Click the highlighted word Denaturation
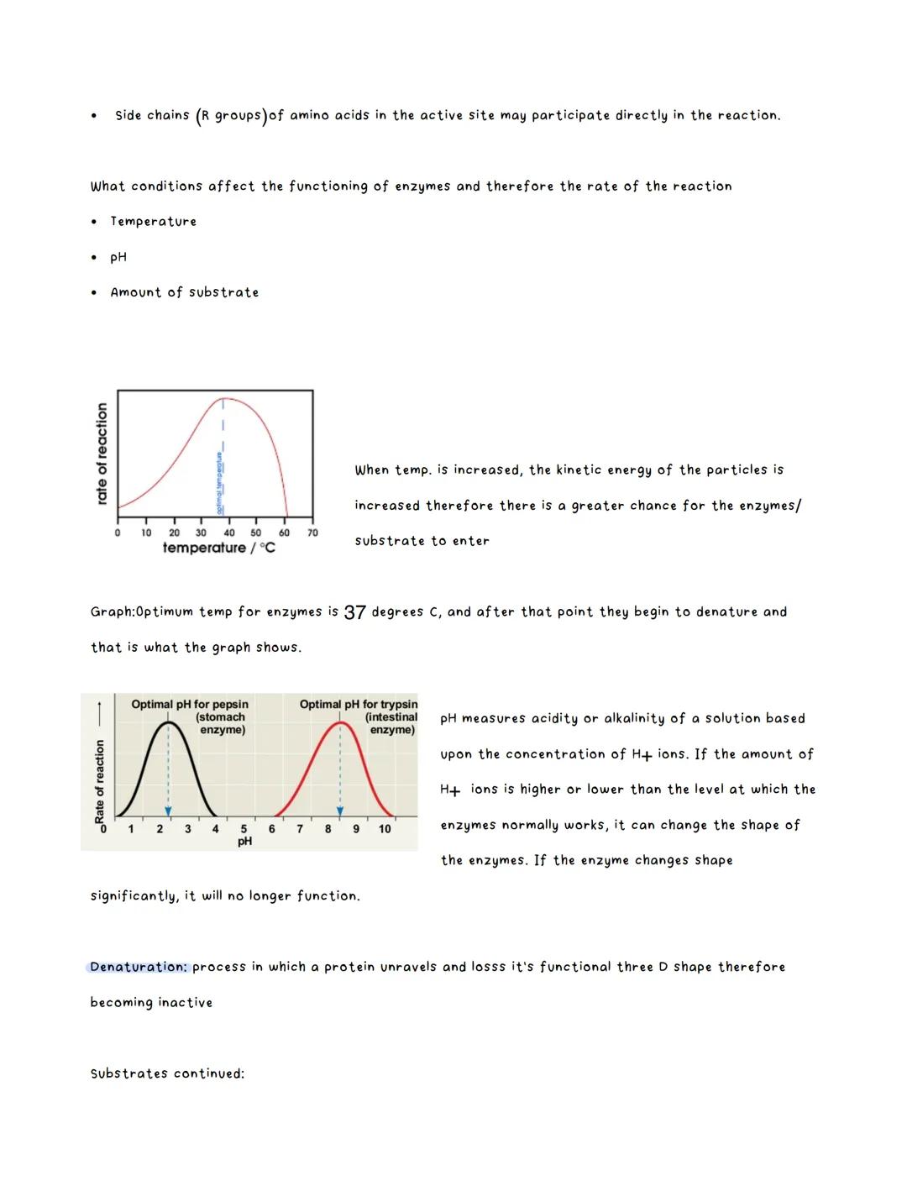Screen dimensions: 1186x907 [x=139, y=967]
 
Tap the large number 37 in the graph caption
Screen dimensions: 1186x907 [x=354, y=612]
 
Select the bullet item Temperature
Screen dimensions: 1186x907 [x=153, y=222]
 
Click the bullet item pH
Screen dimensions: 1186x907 [x=118, y=257]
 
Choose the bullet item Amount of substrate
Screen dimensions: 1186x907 [x=184, y=292]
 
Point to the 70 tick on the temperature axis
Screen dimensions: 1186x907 [x=312, y=533]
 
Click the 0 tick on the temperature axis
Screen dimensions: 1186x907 [x=118, y=533]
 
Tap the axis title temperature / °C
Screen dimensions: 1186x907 [x=218, y=548]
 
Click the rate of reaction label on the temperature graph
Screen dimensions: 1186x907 [x=102, y=454]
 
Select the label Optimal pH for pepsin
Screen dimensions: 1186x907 [x=190, y=705]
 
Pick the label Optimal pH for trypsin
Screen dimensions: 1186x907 [x=359, y=705]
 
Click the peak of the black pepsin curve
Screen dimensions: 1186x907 [x=169, y=722]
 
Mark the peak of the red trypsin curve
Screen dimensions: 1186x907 [x=340, y=722]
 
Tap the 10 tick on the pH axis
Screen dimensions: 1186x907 [x=385, y=829]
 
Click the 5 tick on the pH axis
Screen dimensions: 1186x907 [x=244, y=829]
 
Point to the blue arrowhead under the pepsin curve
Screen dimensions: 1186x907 [x=168, y=811]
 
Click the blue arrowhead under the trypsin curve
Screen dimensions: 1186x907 [x=340, y=811]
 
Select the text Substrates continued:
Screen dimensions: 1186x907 [x=167, y=1073]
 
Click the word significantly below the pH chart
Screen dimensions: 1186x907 [x=134, y=896]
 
